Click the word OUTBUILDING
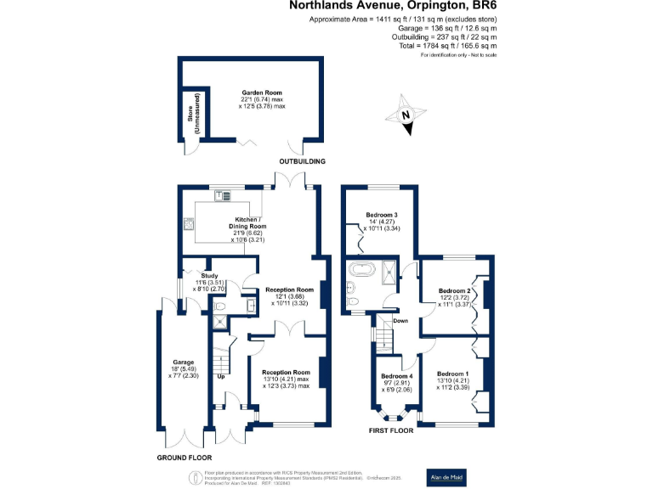point(303,161)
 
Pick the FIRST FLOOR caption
point(390,430)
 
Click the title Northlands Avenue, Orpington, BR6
point(393,6)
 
